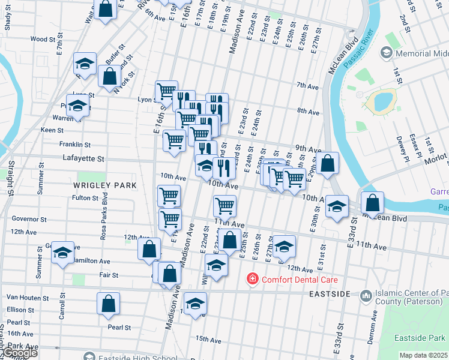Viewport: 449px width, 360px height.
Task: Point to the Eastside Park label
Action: tap(420, 338)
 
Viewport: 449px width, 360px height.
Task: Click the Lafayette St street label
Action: tap(83, 159)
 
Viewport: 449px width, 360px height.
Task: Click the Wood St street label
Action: tap(43, 39)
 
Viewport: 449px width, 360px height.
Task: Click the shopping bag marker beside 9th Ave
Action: tap(328, 164)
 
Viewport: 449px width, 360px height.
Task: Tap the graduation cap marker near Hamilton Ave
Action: tap(62, 253)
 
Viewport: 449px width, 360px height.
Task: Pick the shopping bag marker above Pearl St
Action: tap(108, 304)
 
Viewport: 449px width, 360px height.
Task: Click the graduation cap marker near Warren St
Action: tap(77, 107)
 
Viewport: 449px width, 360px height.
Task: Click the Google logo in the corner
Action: tap(20, 353)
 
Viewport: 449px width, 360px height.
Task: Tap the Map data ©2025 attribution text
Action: tap(423, 355)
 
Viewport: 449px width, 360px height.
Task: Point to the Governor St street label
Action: tap(29, 220)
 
